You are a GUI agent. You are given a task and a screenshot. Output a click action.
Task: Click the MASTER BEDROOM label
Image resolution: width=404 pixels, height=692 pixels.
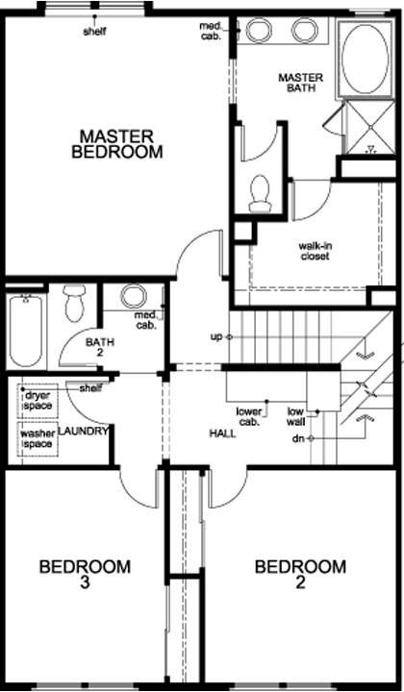tap(117, 144)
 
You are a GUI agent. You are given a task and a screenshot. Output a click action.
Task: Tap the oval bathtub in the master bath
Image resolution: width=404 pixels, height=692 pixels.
tap(366, 59)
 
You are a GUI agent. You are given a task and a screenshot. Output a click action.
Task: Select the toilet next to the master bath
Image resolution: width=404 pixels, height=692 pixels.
tap(259, 194)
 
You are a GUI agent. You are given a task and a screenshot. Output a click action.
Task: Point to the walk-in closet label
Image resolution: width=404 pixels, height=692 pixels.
tap(316, 251)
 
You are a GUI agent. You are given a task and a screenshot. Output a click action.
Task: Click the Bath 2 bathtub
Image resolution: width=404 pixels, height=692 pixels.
tap(25, 330)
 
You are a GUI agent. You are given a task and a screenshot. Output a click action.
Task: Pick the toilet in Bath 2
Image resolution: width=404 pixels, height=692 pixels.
tap(74, 303)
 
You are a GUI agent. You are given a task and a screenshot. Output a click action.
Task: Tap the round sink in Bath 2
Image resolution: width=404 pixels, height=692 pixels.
tap(134, 296)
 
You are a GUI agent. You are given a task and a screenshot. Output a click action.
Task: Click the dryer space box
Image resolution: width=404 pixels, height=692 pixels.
tap(38, 401)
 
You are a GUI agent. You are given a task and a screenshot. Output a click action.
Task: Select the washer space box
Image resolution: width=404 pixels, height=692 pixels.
tap(38, 438)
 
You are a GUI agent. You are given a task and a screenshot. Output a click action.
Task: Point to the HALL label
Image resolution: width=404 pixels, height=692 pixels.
tap(222, 433)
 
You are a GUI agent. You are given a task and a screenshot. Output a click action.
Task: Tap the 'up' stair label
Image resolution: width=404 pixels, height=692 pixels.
tap(216, 337)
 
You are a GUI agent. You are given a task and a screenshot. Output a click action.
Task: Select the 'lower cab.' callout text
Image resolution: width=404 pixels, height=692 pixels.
tap(248, 416)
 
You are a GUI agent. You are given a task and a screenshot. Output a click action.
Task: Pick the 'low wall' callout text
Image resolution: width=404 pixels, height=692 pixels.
tap(296, 416)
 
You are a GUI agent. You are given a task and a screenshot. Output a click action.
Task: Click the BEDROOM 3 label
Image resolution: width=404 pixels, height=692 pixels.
tap(85, 574)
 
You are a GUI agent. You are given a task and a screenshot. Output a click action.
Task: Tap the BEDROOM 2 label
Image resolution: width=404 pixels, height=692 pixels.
tap(300, 574)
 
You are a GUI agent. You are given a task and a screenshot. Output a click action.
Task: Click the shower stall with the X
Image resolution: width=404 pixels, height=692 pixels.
tap(370, 128)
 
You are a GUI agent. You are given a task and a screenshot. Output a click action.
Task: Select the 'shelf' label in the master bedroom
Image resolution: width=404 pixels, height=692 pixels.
tap(94, 32)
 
